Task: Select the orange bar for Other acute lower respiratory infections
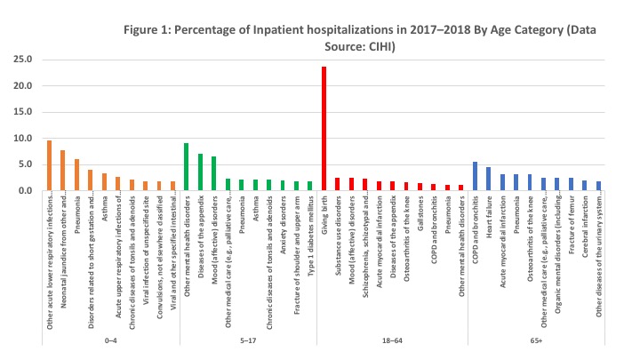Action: [49, 165]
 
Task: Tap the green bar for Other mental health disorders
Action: [186, 167]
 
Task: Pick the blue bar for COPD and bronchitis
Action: [475, 176]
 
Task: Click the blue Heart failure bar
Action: [488, 179]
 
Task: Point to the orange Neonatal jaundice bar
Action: [62, 170]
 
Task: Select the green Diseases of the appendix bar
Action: [200, 172]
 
